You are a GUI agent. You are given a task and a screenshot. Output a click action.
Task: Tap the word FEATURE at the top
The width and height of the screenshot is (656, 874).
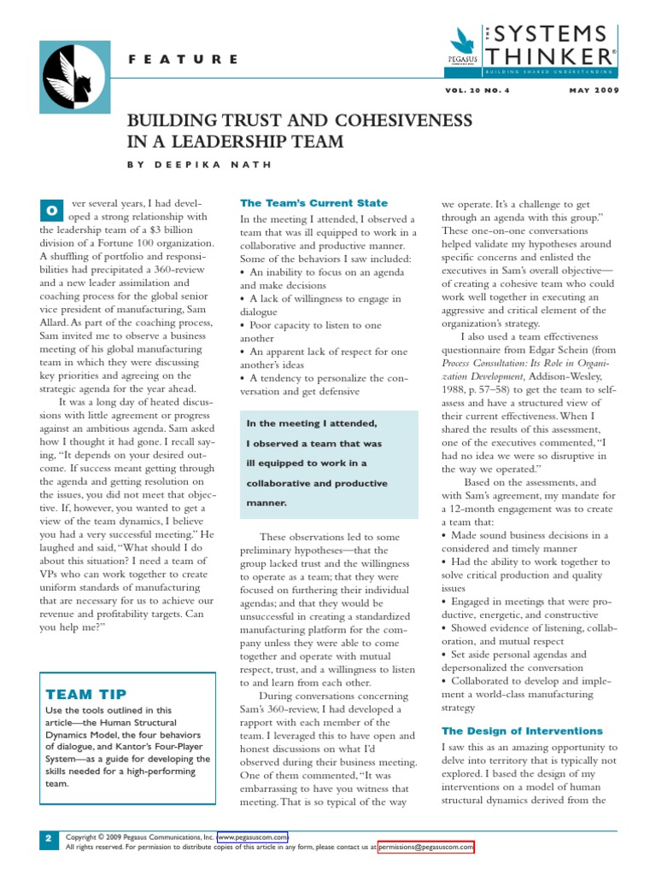(184, 60)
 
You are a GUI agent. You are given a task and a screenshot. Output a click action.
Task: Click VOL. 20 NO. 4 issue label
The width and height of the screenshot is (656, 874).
(489, 90)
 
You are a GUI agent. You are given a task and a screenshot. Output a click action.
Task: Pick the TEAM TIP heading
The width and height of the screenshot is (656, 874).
(81, 694)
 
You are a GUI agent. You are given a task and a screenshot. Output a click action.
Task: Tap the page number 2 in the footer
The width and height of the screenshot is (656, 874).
(49, 841)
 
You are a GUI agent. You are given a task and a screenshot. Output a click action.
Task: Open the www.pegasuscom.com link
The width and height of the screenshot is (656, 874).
(253, 836)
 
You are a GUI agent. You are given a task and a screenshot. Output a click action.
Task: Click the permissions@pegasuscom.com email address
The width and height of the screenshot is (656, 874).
(425, 847)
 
